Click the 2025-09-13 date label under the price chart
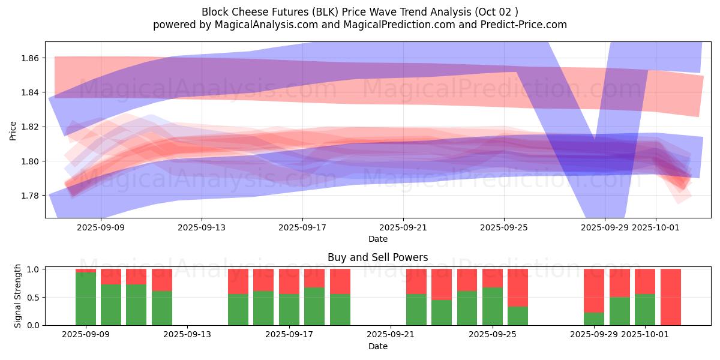click(202, 227)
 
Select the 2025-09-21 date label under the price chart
click(403, 227)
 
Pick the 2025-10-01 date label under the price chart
click(655, 227)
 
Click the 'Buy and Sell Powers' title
click(377, 257)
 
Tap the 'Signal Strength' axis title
click(18, 296)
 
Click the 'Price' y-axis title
click(13, 130)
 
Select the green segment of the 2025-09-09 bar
click(86, 299)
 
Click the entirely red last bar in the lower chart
click(671, 297)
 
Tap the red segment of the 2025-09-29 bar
click(594, 290)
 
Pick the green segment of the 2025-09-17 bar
click(289, 310)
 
